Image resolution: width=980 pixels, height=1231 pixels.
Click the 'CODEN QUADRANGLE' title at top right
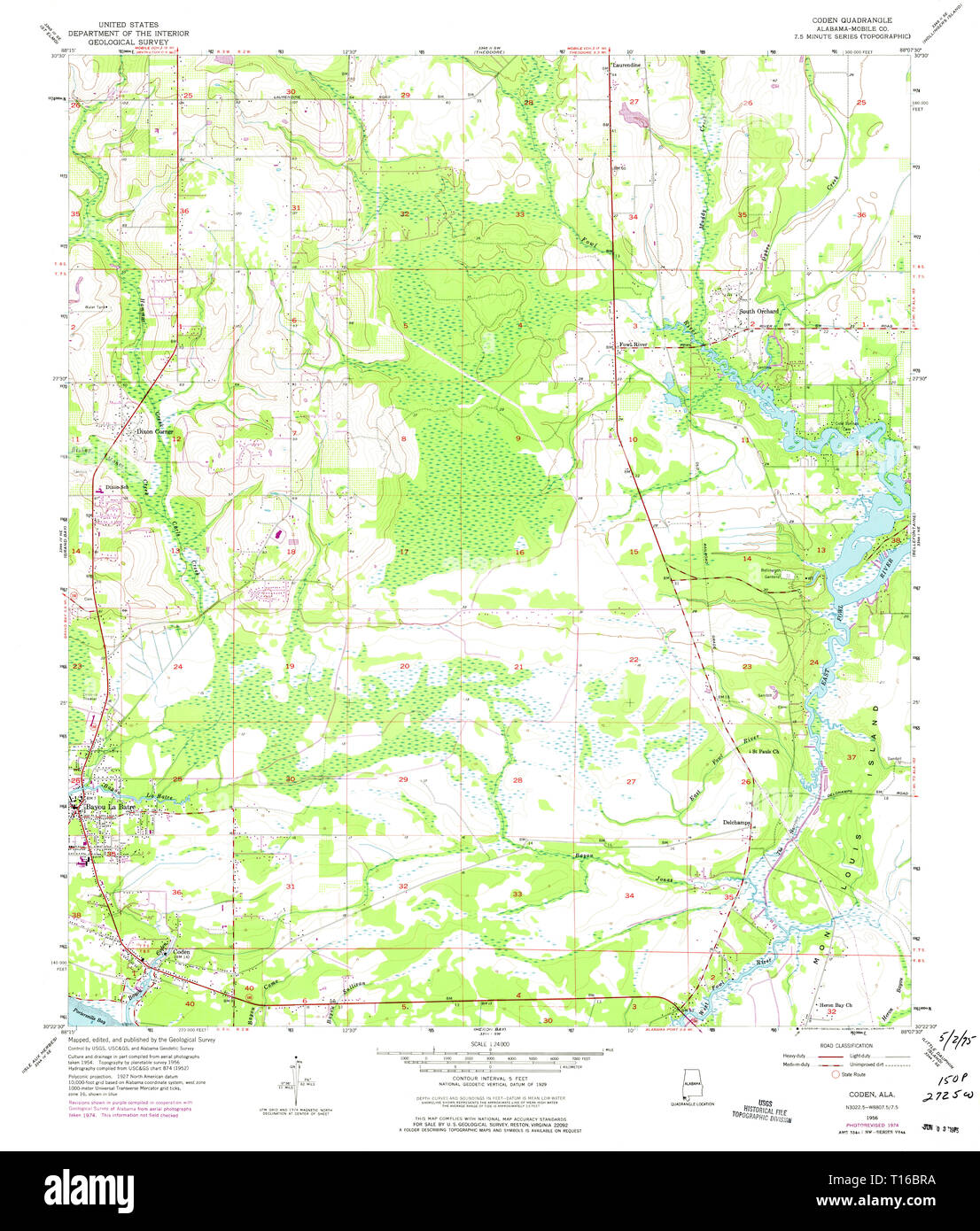pos(852,19)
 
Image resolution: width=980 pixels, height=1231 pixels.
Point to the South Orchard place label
pos(759,312)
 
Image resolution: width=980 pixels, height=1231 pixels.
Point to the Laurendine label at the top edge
pos(626,66)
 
